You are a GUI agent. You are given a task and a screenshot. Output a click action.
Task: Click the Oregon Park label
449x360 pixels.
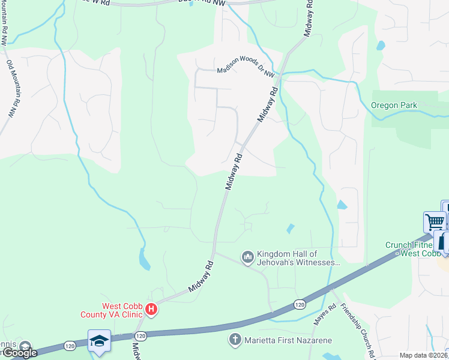tap(394, 105)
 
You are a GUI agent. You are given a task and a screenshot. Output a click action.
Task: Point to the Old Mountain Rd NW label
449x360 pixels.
tap(11, 88)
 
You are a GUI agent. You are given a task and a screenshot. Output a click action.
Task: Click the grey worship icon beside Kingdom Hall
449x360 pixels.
tap(247, 257)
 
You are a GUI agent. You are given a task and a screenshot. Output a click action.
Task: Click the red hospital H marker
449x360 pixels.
tap(151, 310)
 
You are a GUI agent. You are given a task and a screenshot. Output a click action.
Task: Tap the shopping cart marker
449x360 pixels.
tap(435, 221)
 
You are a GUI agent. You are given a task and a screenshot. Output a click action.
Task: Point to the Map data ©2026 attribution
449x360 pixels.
tap(424, 355)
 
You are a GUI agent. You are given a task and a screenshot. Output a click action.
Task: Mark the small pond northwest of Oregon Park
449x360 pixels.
tap(381, 45)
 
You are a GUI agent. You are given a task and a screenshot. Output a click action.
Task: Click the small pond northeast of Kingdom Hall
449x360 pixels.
tap(291, 229)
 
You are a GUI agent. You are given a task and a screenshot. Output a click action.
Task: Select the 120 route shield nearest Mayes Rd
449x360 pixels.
tap(300, 305)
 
